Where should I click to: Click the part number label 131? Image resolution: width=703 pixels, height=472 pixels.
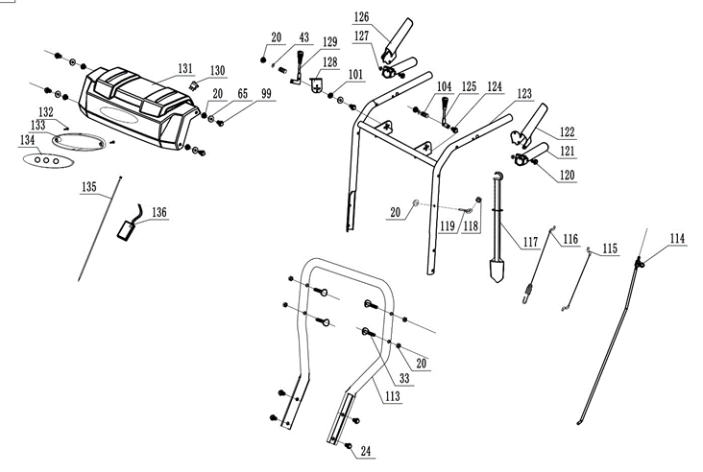(185, 68)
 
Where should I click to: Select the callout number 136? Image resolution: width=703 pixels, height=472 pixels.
(158, 212)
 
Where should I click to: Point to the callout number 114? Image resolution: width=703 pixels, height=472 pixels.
(677, 238)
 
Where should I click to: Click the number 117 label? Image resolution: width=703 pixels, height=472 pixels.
(531, 241)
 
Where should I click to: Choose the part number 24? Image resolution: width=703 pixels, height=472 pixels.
(366, 450)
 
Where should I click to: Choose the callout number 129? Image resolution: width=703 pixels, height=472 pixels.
(329, 42)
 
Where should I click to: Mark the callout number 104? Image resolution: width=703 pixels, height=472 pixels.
(445, 86)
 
